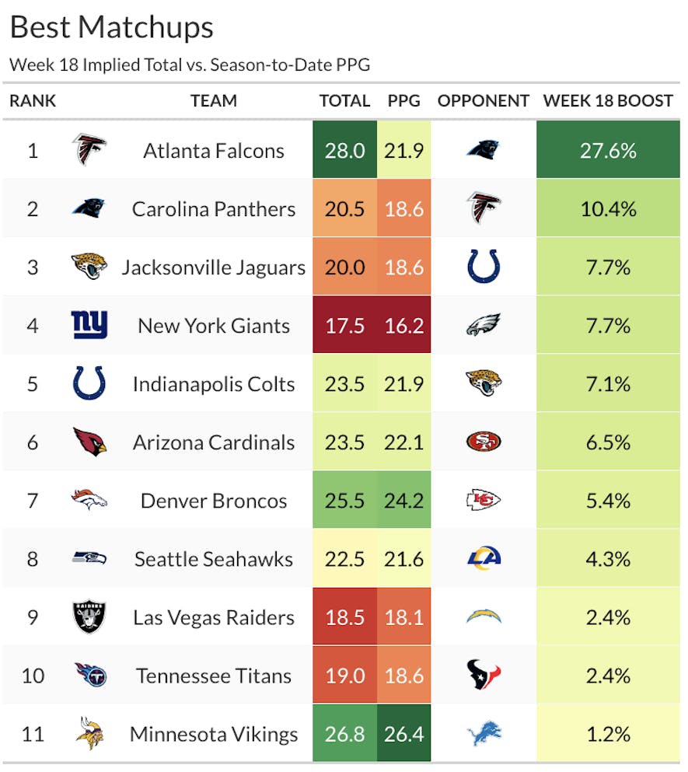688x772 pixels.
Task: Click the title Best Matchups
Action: (111, 27)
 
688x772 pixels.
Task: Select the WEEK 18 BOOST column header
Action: (608, 100)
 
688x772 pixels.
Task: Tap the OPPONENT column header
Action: (483, 100)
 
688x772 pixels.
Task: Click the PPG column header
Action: (403, 100)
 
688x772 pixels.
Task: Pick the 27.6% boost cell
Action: (608, 150)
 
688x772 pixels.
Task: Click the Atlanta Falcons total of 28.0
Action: (345, 150)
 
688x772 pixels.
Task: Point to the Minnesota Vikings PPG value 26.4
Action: (404, 734)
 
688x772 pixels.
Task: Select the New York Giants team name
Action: (214, 326)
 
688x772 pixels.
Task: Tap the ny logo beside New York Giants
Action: (89, 325)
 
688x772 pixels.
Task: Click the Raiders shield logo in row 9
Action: (89, 617)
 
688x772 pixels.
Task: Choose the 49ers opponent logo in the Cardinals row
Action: (484, 442)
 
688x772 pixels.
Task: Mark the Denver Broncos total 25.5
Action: (345, 501)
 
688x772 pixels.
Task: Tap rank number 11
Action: (33, 734)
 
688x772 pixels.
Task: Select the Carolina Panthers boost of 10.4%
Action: (608, 208)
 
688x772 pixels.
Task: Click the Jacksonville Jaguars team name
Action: (214, 267)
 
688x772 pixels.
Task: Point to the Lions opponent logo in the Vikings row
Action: (484, 733)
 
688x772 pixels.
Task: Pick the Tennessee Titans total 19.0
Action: (345, 676)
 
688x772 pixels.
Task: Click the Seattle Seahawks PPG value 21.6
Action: (404, 559)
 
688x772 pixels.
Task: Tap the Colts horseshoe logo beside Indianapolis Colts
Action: (89, 383)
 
